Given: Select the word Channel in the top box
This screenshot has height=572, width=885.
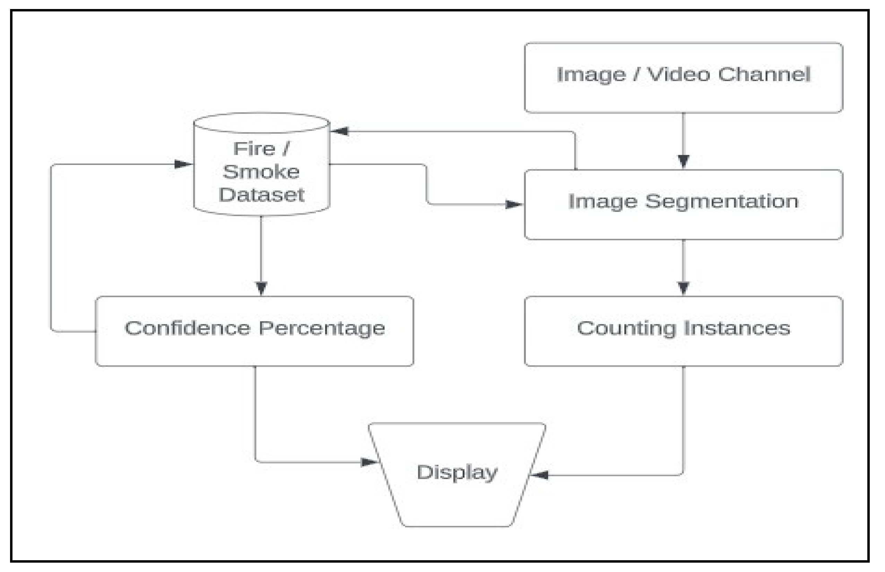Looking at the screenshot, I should pos(764,74).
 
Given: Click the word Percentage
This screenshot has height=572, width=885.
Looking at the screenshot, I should pos(322,329).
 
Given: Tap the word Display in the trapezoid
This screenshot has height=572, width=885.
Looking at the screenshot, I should pos(457,473).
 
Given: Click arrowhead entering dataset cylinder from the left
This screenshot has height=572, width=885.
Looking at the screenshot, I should pos(183,164).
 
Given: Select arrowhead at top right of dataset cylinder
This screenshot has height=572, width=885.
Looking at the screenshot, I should pos(340,131).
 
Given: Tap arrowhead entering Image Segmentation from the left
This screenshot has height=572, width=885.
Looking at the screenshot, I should pos(513,204).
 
